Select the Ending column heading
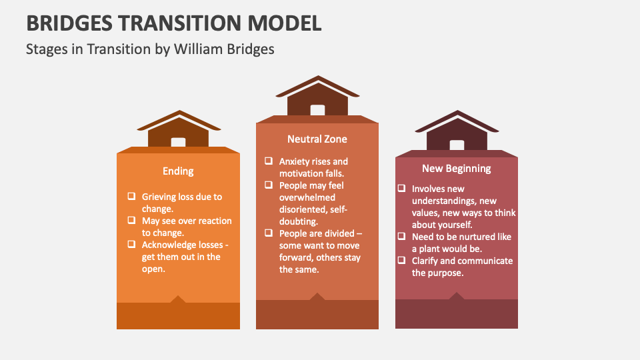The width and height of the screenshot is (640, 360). tap(178, 171)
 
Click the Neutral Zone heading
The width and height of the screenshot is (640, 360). tap(317, 139)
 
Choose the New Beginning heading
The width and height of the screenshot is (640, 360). tap(457, 169)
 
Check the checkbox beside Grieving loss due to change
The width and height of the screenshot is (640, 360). tap(131, 197)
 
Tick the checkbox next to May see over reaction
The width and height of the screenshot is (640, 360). tap(131, 221)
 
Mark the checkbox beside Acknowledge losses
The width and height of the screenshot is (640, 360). tap(131, 245)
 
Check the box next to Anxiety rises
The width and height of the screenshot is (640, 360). tap(268, 161)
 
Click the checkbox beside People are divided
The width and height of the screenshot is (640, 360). tap(268, 233)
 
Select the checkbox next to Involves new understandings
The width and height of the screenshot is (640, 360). tap(401, 189)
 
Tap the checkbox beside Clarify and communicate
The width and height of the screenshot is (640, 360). tap(401, 261)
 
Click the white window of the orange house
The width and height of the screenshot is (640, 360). tap(178, 142)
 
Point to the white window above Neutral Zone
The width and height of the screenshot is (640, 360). tap(317, 111)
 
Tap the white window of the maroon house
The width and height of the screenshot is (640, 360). tap(457, 145)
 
